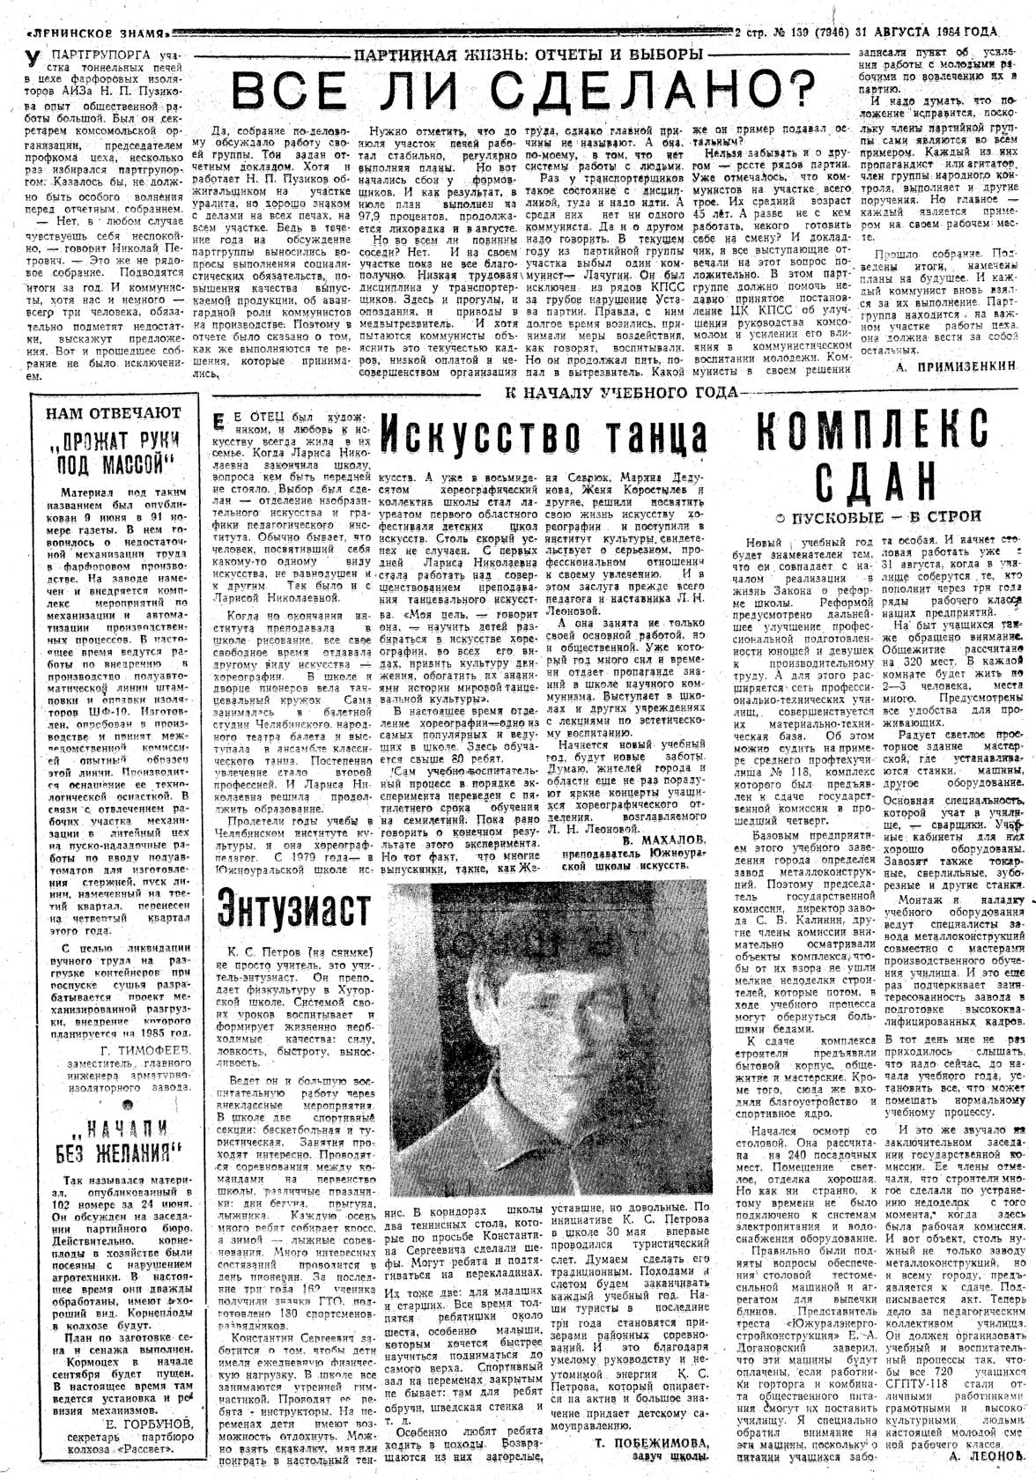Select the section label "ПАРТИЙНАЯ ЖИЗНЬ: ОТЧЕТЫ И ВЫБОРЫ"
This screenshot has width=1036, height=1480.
[x=527, y=55]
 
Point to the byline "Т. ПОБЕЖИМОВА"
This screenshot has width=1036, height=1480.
[x=651, y=1442]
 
